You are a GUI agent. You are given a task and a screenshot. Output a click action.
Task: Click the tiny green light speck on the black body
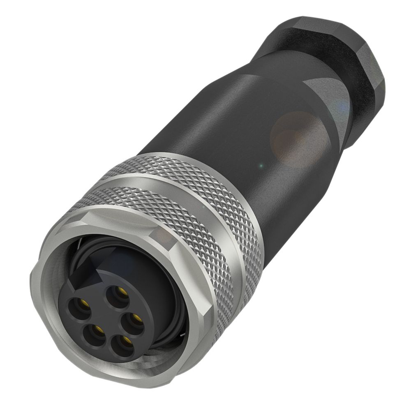coord(259,166)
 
